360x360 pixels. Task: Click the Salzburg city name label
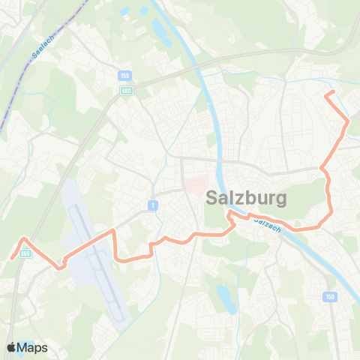[245, 199]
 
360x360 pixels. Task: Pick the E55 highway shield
[26, 253]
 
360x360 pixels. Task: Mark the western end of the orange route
[11, 256]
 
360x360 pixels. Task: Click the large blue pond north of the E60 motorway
[160, 31]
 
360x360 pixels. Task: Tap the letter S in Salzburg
[212, 199]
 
